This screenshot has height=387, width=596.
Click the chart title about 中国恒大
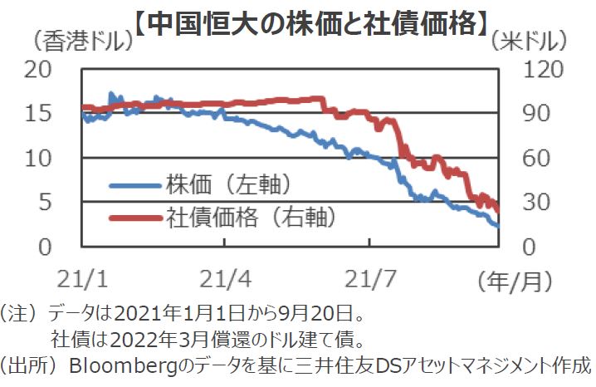(309, 19)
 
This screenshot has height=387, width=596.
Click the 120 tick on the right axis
(531, 69)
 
